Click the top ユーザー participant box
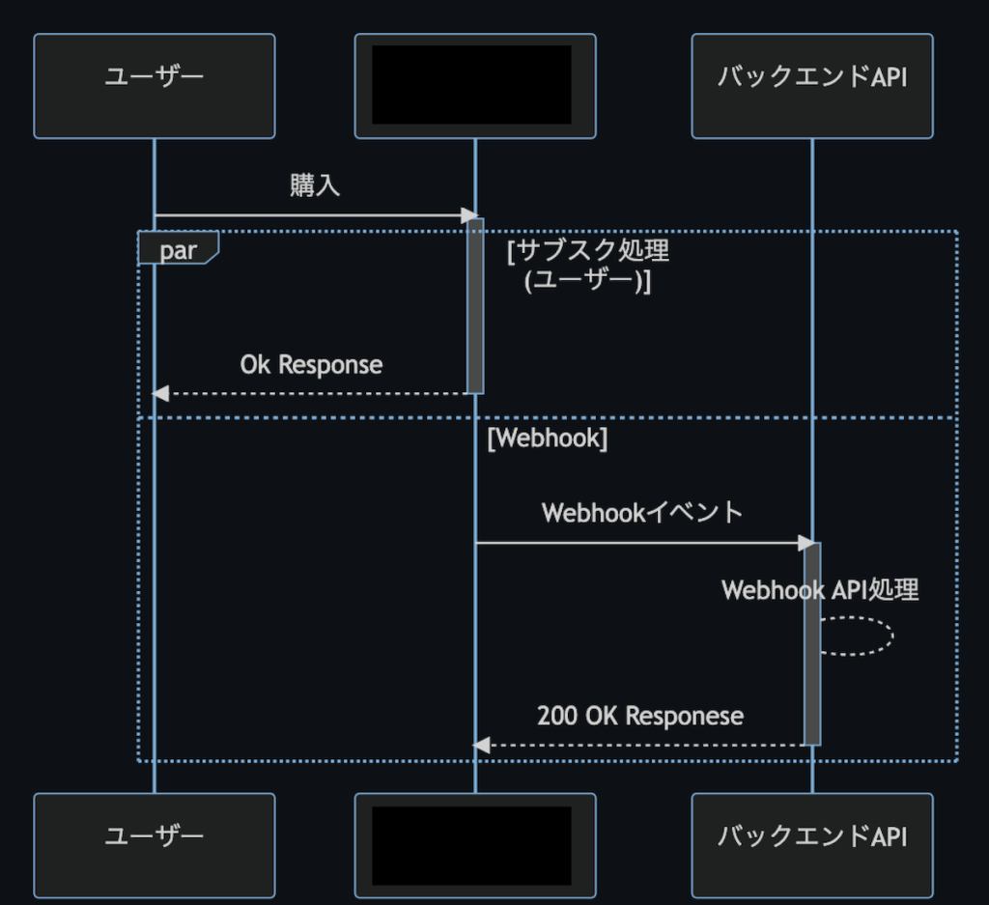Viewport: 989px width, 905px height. coord(155,85)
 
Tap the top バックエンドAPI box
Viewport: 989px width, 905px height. coord(812,85)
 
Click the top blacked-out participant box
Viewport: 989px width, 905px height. coord(475,85)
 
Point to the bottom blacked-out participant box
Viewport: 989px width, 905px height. coord(475,844)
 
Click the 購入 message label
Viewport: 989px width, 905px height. coord(315,186)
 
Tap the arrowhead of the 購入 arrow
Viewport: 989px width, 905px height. coord(470,215)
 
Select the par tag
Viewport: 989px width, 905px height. coord(178,250)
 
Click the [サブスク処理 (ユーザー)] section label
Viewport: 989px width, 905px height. coord(587,266)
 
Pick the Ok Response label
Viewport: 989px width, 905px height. coord(311,365)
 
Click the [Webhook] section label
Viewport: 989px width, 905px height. coord(547,438)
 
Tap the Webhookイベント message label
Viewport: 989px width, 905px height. coord(642,512)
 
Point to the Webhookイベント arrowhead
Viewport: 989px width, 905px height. coord(807,543)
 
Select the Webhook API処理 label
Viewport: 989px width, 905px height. coord(820,590)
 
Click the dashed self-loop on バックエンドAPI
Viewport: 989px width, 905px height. coord(891,636)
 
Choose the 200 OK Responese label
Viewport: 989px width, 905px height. coord(640,716)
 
